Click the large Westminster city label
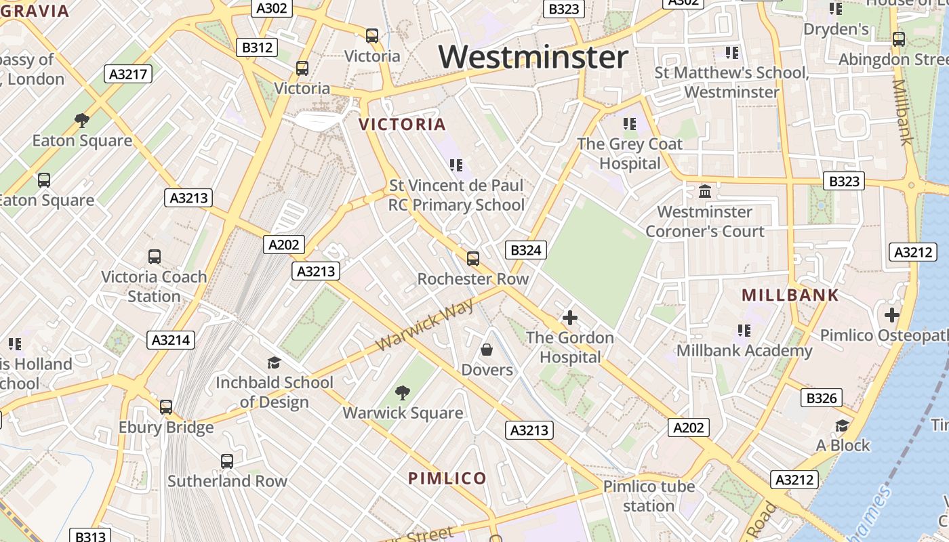click(x=533, y=56)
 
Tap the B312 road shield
click(x=258, y=47)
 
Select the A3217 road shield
click(x=128, y=74)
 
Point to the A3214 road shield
click(x=171, y=340)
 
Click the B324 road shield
click(x=526, y=250)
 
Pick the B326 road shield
click(x=822, y=398)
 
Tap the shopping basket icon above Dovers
click(x=487, y=350)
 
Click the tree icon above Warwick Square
click(x=403, y=392)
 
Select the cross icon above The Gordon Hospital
click(x=569, y=317)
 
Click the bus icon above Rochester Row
click(x=473, y=258)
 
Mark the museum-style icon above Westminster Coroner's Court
click(x=705, y=192)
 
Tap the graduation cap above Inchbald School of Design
click(x=274, y=362)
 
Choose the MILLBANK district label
click(x=790, y=295)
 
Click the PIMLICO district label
click(x=447, y=478)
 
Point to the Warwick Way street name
click(x=425, y=325)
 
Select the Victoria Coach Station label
click(x=154, y=287)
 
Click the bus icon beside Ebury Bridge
click(x=166, y=407)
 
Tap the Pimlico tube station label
click(x=649, y=496)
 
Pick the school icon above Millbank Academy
click(x=744, y=330)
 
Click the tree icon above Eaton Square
click(x=82, y=121)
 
